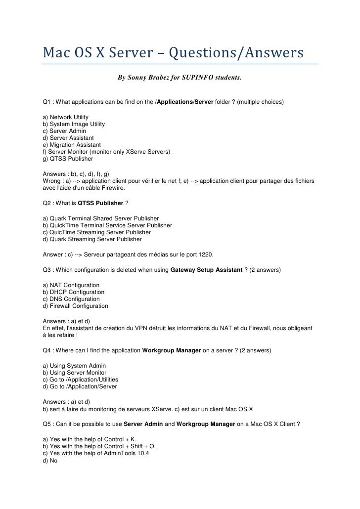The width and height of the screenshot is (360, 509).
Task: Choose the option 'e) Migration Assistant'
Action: [x=72, y=145]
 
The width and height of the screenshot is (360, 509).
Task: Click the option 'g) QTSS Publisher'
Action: [x=68, y=159]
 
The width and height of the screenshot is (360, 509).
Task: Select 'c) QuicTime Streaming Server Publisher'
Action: [x=97, y=232]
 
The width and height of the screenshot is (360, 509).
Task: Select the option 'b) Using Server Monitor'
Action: [x=75, y=373]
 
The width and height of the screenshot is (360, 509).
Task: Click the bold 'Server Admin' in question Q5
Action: [x=142, y=424]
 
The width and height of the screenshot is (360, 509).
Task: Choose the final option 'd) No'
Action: [x=50, y=460]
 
